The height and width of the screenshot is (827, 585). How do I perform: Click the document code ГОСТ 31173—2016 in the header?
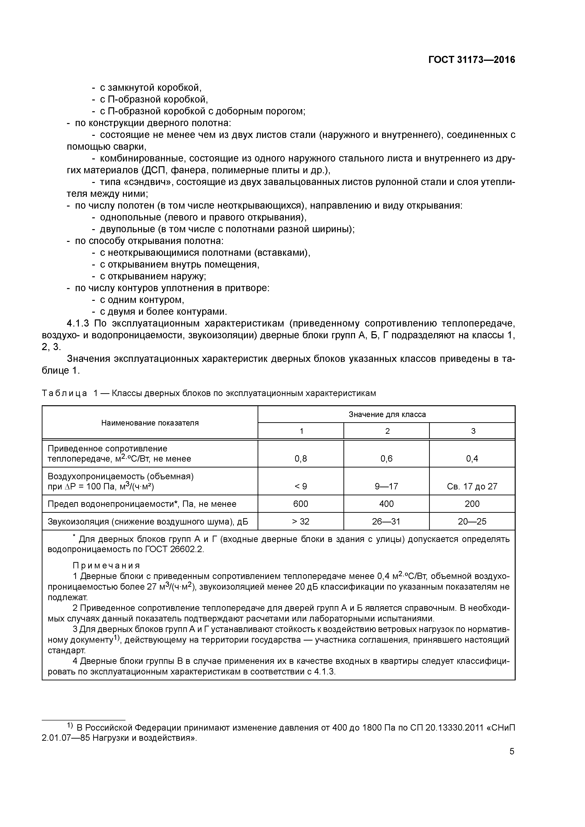click(x=472, y=60)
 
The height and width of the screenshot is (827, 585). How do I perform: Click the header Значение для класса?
click(x=387, y=414)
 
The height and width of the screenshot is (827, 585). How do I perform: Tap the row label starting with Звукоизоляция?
click(x=148, y=521)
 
